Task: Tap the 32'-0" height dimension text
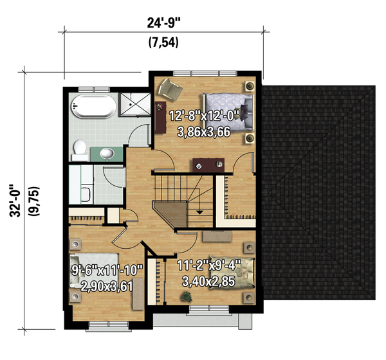[x=14, y=194]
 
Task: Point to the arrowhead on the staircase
[x=200, y=211]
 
